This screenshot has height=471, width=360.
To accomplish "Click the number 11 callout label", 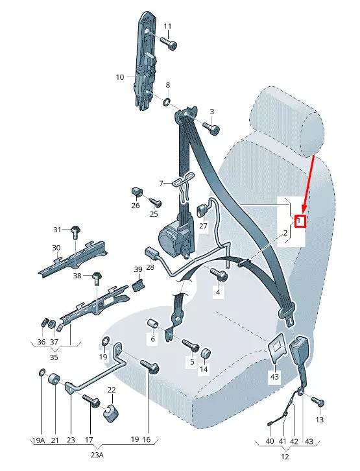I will click(167, 27).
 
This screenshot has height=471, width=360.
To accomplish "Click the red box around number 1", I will click(299, 221).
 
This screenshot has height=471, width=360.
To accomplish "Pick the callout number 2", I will click(285, 232).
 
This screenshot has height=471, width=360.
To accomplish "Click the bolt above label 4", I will click(221, 276).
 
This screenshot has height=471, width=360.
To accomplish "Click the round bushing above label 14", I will click(204, 354).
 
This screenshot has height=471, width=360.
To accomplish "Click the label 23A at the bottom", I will click(95, 455).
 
